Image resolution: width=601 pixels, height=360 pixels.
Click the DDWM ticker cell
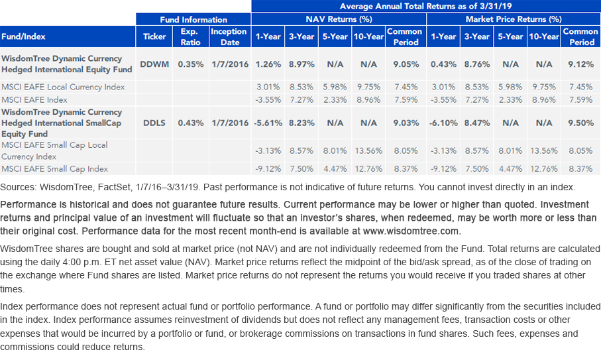[x=154, y=64]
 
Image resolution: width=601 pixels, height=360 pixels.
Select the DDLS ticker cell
[x=154, y=123]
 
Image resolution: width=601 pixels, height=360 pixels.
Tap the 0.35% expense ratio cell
[x=190, y=64]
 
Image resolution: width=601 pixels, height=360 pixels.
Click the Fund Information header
[x=193, y=19]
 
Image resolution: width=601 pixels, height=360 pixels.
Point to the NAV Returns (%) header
[x=339, y=19]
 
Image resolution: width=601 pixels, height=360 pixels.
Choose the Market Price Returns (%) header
[x=514, y=19]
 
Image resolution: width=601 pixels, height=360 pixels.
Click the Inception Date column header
[x=229, y=37]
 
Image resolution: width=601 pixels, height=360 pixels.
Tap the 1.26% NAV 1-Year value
[x=268, y=64]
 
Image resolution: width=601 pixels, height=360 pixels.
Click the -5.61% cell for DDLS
[x=268, y=123]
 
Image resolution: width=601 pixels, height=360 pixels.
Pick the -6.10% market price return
[x=443, y=123]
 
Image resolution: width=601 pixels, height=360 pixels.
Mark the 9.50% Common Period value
[x=580, y=123]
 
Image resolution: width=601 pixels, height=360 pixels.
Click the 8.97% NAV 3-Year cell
[x=301, y=64]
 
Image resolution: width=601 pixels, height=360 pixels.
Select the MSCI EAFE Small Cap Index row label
[x=55, y=168]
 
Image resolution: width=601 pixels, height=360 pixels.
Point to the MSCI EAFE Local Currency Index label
[x=63, y=87]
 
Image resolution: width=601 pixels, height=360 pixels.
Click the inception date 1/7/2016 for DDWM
[x=230, y=64]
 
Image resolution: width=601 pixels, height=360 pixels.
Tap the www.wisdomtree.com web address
[x=411, y=231]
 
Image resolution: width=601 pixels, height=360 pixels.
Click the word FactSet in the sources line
[x=114, y=187]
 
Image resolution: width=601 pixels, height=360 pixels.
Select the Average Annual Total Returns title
[x=425, y=6]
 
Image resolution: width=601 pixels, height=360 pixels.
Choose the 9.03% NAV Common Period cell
[x=406, y=123]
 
